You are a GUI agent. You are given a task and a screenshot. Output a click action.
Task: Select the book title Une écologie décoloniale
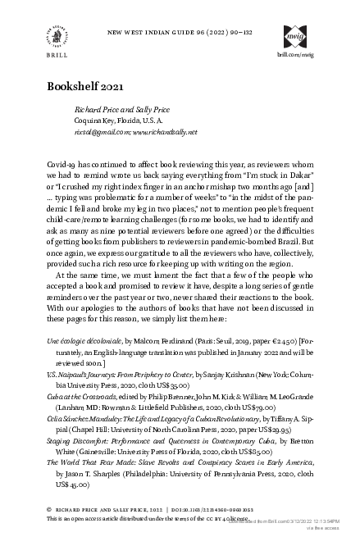[84, 362]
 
